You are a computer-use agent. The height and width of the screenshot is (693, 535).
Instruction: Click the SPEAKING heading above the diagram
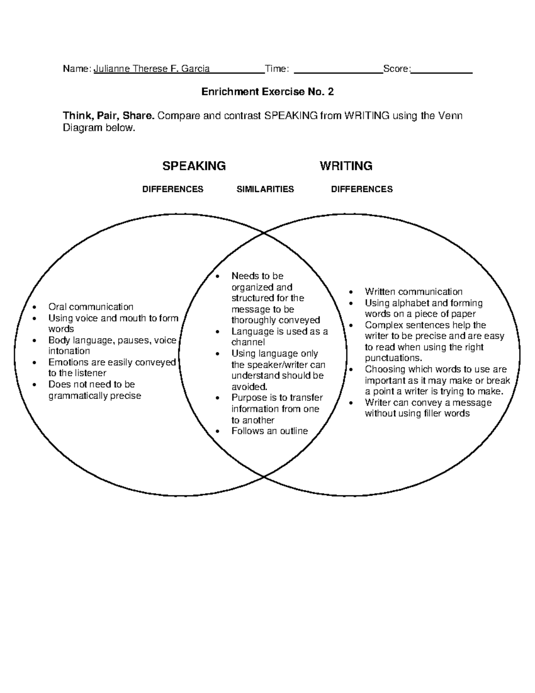pos(194,166)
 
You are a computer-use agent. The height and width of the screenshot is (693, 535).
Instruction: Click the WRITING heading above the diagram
pos(346,166)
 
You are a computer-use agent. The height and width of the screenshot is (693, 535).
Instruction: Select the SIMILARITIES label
pos(265,189)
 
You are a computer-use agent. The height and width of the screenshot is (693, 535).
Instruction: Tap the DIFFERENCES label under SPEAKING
pos(173,189)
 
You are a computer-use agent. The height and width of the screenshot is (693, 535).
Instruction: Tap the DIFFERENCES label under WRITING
pos(362,189)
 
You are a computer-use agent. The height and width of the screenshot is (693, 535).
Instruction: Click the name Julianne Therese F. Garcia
pos(152,69)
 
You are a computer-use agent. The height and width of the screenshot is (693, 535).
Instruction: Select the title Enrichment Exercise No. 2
pos(267,92)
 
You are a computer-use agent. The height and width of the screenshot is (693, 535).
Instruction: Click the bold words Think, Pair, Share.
pos(109,116)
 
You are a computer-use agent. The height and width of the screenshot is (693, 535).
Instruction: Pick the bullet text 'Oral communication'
pos(91,307)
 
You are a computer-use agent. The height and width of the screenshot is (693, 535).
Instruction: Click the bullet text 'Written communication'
pos(413,292)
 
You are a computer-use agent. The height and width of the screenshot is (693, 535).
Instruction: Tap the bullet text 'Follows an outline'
pos(269,431)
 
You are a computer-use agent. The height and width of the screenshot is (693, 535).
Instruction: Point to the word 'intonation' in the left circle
pos(69,351)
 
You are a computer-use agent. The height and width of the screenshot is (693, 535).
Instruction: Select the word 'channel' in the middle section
pos(248,342)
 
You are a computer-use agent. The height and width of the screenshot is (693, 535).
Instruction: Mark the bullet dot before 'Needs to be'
pos(218,277)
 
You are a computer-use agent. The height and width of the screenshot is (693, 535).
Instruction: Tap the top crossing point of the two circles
pos(264,233)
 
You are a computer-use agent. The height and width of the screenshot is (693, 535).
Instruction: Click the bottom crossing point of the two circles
pos(264,477)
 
